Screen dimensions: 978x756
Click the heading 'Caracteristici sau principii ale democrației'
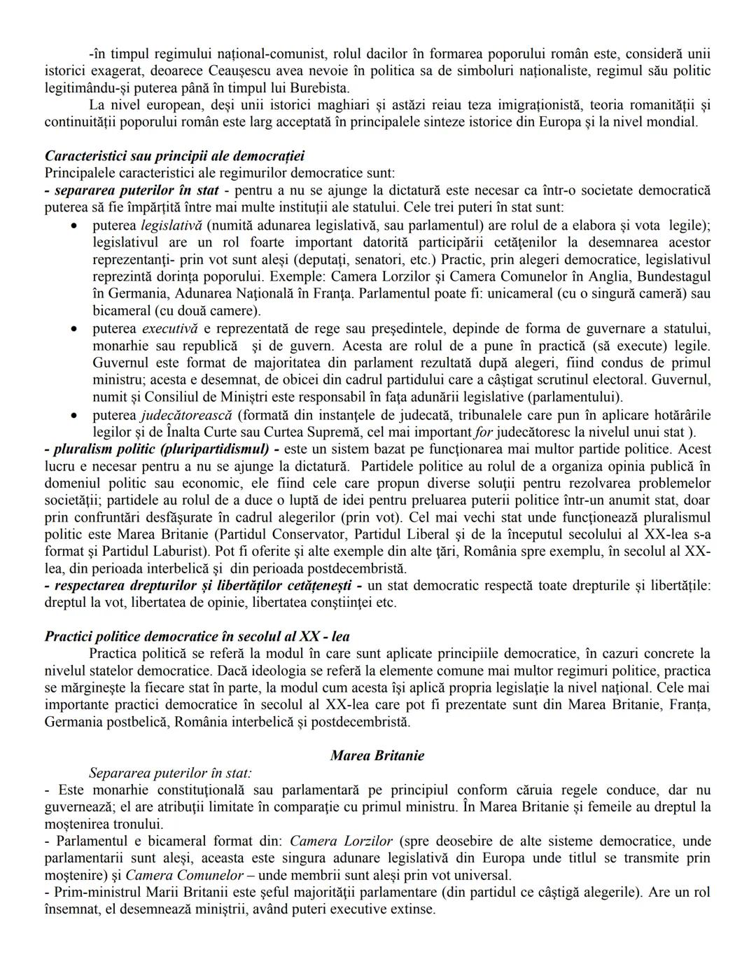(x=174, y=155)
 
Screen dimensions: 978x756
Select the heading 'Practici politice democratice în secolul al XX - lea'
(x=197, y=636)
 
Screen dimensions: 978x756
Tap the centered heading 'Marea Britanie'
(x=377, y=755)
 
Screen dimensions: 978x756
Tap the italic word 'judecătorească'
(x=185, y=415)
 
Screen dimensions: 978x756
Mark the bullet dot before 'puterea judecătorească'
(x=74, y=415)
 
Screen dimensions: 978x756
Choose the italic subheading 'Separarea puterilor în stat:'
(x=170, y=774)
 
